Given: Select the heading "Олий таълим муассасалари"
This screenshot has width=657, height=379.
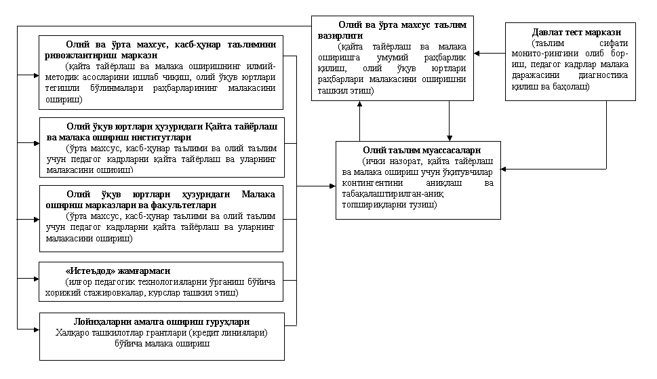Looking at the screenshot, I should [422, 151].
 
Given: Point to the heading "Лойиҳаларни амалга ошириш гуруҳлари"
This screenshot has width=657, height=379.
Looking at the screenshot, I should [161, 322].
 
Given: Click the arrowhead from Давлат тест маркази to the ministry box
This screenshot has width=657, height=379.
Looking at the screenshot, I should [477, 52].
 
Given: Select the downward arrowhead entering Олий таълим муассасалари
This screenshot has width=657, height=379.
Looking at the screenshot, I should [449, 137].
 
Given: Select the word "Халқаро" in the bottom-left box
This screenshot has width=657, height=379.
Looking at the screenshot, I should [75, 333].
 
